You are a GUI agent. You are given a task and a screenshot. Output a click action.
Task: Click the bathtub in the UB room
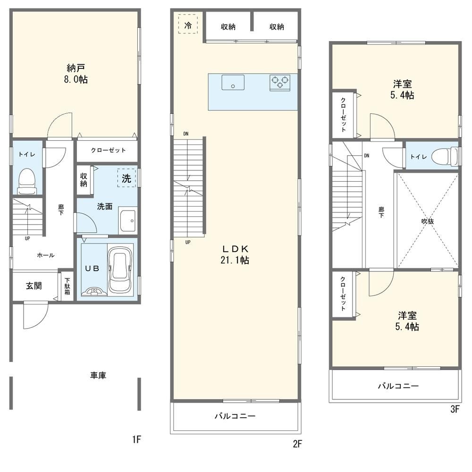tap(121, 270)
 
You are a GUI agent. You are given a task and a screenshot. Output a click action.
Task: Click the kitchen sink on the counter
tap(233, 82)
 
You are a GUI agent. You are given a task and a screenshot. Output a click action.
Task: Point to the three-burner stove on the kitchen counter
tap(280, 83)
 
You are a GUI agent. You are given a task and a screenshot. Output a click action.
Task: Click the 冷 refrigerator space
tap(188, 24)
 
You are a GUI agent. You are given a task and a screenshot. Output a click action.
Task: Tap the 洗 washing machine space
tap(126, 178)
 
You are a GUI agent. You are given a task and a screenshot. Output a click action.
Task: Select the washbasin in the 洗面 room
tap(127, 220)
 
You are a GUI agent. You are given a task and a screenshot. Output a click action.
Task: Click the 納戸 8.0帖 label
tap(76, 74)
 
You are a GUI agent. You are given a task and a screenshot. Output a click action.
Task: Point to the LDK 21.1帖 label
tap(235, 255)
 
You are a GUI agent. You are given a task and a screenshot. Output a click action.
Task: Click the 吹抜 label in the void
tap(428, 221)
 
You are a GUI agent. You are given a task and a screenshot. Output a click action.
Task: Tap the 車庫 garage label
tap(98, 375)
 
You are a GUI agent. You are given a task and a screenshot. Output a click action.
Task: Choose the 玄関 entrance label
tap(34, 286)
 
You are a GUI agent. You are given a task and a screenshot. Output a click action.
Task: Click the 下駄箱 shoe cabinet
tap(67, 287)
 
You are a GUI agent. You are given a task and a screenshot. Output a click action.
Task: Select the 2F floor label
tap(297, 444)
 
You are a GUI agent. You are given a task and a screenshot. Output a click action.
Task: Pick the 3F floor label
tap(455, 409)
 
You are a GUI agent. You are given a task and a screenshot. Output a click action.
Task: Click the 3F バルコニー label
tap(398, 386)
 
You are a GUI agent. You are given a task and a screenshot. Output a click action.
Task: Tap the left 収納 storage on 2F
tap(228, 27)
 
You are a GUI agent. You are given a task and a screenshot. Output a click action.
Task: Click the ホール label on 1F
tap(46, 255)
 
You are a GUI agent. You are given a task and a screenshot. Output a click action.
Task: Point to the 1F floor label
tap(136, 440)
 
